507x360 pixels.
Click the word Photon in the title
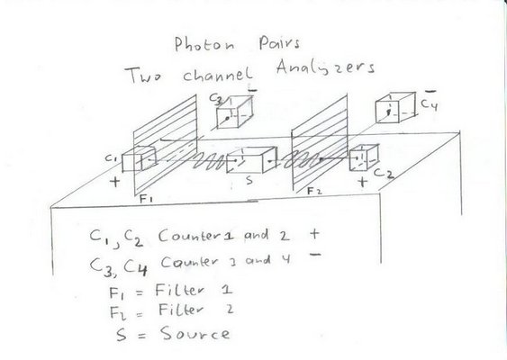pyautogui.click(x=204, y=44)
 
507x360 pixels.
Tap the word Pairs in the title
pyautogui.click(x=279, y=43)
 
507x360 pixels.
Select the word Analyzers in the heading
pyautogui.click(x=325, y=68)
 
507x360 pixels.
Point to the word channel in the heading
pyautogui.click(x=218, y=75)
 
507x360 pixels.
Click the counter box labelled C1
pyautogui.click(x=139, y=159)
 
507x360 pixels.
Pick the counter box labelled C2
pyautogui.click(x=364, y=157)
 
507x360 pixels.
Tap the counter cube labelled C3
pyautogui.click(x=234, y=112)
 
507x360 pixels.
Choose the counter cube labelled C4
pyautogui.click(x=395, y=108)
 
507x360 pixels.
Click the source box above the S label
pyautogui.click(x=252, y=160)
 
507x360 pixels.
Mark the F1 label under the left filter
pyautogui.click(x=146, y=199)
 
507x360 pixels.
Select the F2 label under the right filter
pyautogui.click(x=314, y=192)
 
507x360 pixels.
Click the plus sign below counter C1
pyautogui.click(x=114, y=181)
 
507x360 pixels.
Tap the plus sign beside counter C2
pyautogui.click(x=363, y=182)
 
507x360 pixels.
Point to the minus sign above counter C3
pyautogui.click(x=252, y=91)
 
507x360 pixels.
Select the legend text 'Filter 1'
pyautogui.click(x=194, y=290)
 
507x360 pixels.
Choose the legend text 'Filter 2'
pyautogui.click(x=195, y=310)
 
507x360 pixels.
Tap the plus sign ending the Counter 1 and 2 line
pyautogui.click(x=314, y=234)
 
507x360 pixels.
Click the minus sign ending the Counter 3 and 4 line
pyautogui.click(x=315, y=255)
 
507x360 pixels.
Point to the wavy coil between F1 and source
pyautogui.click(x=210, y=161)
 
